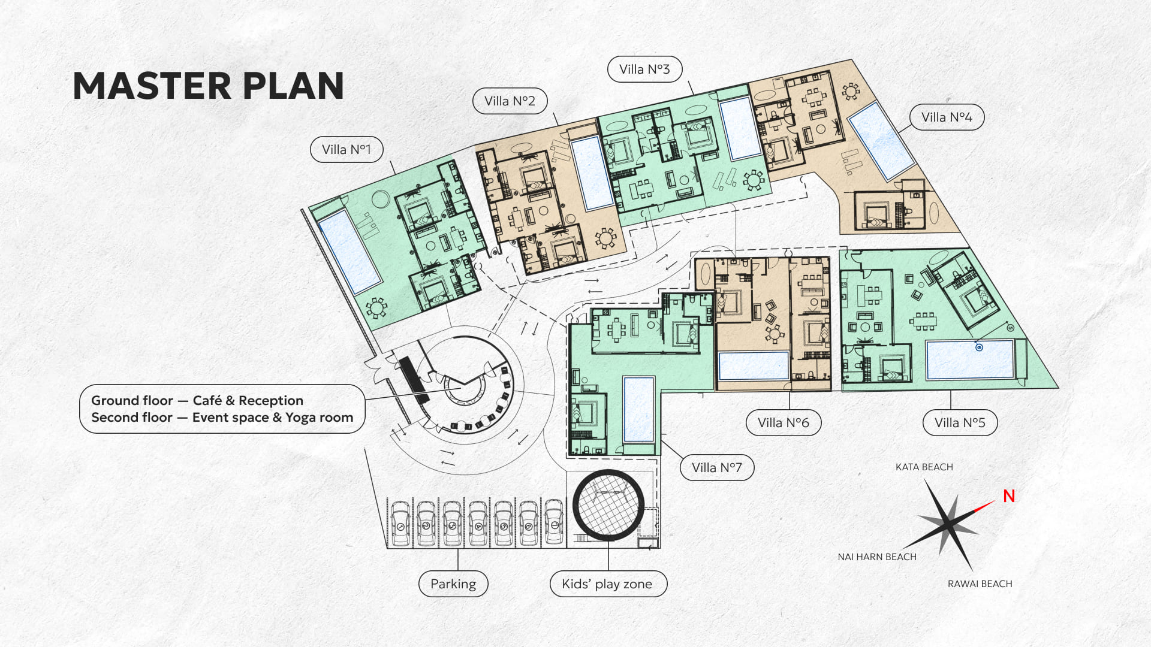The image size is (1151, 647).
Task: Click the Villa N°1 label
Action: coord(346,149)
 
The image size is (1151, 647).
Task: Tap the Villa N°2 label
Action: coord(510,101)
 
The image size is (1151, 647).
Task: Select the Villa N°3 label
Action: coord(644,69)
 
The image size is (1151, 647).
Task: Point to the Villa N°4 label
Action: coord(947,117)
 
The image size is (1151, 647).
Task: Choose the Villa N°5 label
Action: coord(960,422)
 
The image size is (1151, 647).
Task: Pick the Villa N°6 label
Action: coord(783,422)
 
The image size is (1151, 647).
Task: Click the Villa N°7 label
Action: coord(717,467)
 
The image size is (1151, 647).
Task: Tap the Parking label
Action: coord(453,583)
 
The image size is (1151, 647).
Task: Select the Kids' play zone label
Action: coord(607,583)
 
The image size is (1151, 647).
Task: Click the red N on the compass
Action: coord(1009,496)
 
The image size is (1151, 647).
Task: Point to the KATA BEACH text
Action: coord(924,467)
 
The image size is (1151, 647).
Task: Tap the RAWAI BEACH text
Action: coord(980,583)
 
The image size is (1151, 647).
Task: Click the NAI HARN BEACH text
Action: coord(877,557)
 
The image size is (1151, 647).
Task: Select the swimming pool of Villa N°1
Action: coord(349,251)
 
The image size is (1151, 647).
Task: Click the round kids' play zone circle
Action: coord(608,505)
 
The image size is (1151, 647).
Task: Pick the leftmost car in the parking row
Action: coord(400,524)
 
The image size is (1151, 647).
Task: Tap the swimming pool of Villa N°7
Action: coord(638,410)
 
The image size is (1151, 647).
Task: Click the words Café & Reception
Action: coord(248,400)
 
